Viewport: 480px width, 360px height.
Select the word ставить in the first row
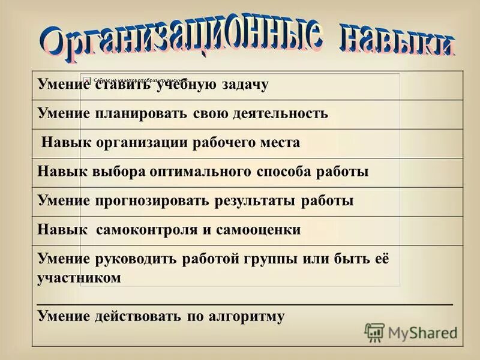(x=122, y=85)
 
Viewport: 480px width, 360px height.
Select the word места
(x=277, y=143)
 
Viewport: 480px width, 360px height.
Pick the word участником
(x=79, y=278)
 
